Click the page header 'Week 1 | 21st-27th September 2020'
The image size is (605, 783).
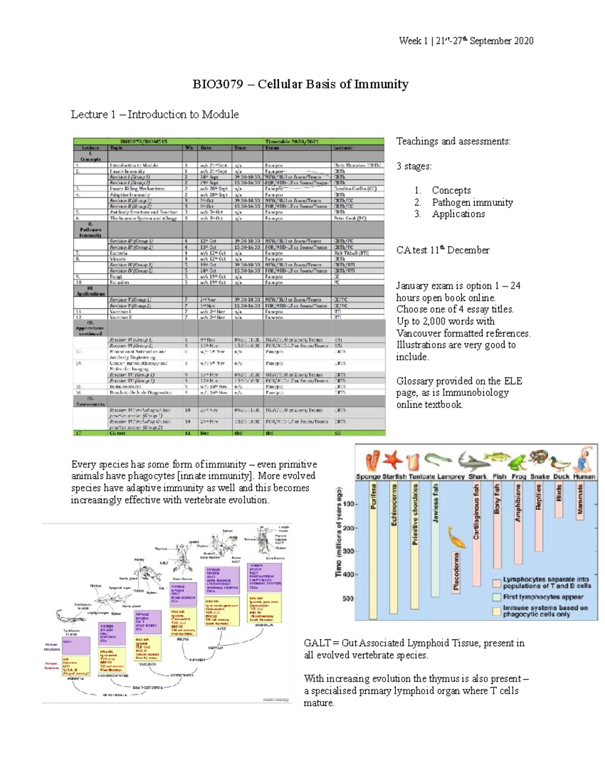click(466, 41)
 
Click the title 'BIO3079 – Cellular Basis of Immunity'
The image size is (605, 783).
click(300, 84)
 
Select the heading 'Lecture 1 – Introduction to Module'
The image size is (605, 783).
click(154, 114)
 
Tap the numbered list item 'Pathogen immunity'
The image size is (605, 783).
click(472, 202)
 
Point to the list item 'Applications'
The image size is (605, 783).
click(458, 214)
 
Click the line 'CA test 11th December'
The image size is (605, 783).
click(443, 250)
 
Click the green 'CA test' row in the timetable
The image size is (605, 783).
click(229, 433)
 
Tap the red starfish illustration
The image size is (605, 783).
click(393, 459)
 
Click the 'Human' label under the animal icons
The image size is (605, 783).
click(584, 476)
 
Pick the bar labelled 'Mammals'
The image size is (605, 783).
click(580, 499)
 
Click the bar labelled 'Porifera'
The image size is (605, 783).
click(374, 550)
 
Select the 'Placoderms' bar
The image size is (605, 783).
click(456, 572)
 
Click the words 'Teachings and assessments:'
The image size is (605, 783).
click(453, 141)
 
